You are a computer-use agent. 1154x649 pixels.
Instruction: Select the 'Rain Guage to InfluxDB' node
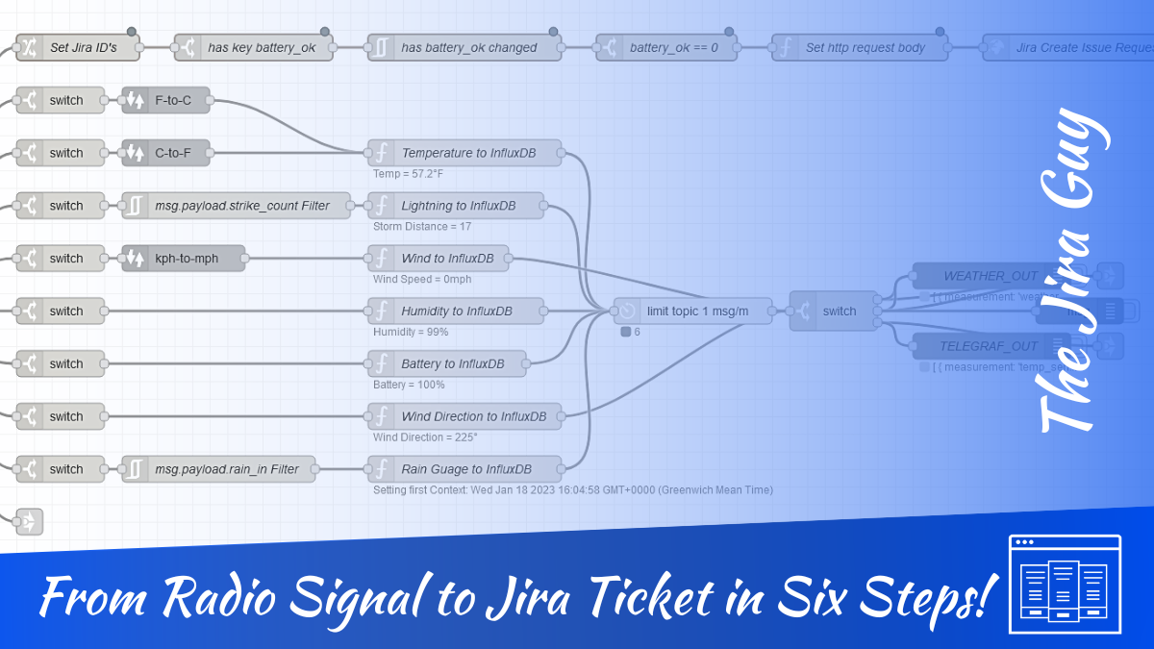click(x=465, y=469)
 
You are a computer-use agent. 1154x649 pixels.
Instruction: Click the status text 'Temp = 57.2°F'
click(x=408, y=174)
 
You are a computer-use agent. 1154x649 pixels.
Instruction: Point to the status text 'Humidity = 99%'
click(x=411, y=332)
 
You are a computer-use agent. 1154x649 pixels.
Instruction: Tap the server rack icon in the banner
click(x=1065, y=584)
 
